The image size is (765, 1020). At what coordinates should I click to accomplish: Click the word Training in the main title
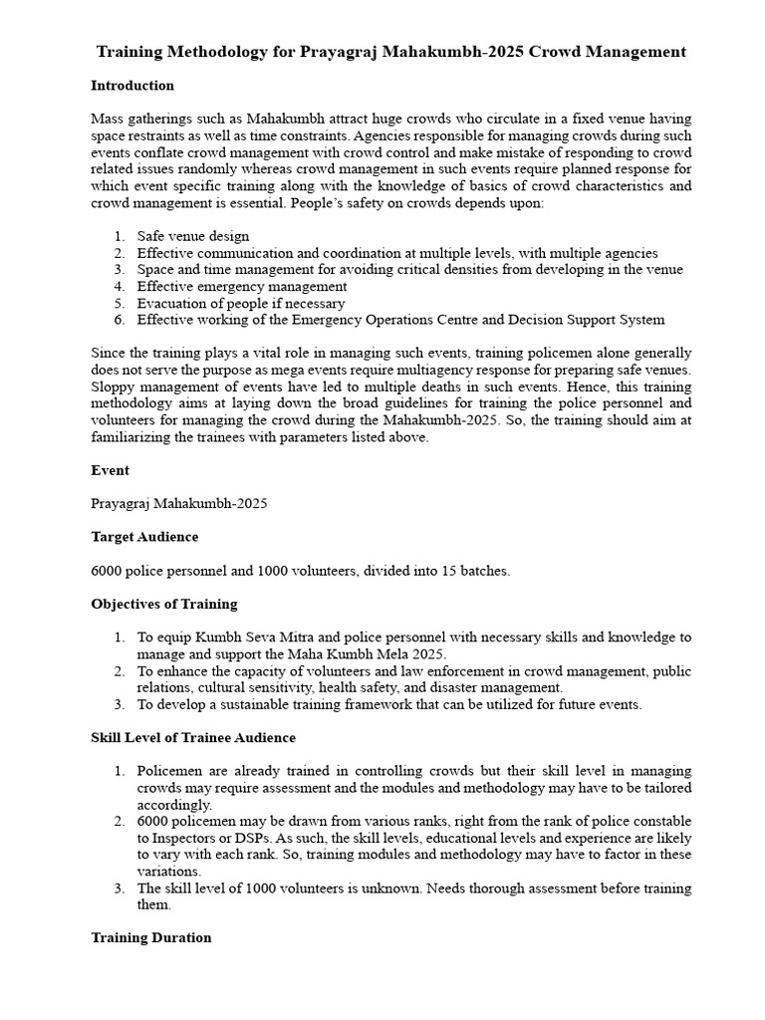click(133, 51)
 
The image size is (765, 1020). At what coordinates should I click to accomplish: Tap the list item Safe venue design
click(193, 236)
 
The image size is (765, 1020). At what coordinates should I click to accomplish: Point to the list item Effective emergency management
click(242, 287)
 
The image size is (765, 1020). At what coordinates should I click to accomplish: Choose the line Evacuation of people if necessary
click(241, 304)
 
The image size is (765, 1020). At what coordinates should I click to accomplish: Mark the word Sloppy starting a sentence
click(113, 387)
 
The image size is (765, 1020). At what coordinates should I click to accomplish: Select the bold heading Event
click(110, 469)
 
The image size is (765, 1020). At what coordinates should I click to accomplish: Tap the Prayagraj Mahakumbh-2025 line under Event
click(178, 503)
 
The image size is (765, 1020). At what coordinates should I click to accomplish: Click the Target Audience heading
click(144, 537)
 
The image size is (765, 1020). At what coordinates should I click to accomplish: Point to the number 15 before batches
click(450, 571)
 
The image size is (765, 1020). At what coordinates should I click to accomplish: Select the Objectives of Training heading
click(164, 604)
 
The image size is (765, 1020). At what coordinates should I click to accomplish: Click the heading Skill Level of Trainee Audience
click(193, 738)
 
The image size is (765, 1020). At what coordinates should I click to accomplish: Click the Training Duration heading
click(151, 937)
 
